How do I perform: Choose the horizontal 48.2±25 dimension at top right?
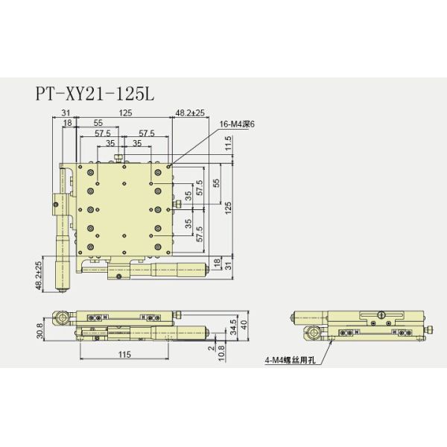(191, 112)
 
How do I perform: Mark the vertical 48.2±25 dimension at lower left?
(39, 272)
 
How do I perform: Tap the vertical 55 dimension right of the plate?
(216, 183)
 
